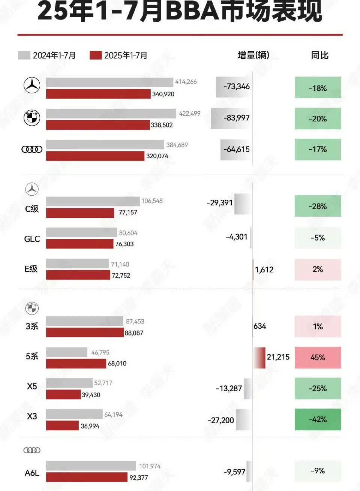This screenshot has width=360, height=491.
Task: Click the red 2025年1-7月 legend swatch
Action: tap(96, 55)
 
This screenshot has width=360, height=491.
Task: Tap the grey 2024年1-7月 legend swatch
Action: tap(24, 55)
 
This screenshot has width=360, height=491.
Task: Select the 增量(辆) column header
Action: tap(253, 55)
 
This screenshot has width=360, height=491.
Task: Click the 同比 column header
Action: tap(319, 55)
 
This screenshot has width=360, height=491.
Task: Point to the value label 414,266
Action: tap(186, 82)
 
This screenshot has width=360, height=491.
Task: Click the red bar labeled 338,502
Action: tap(97, 125)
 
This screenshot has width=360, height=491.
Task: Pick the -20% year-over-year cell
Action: tap(318, 119)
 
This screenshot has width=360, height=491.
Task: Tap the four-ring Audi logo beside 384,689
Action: tap(32, 150)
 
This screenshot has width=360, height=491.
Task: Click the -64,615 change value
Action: tap(236, 149)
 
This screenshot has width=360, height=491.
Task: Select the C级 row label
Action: tap(32, 209)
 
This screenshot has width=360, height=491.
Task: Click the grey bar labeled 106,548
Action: tap(93, 201)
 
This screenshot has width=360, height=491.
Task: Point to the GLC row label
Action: tap(32, 239)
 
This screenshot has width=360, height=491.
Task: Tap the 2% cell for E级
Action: tap(318, 269)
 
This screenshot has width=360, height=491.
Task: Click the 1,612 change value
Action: tap(264, 269)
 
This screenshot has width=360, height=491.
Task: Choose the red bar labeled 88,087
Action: tap(85, 333)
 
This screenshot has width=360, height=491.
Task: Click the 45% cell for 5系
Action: tap(318, 358)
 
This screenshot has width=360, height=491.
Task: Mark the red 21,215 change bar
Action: tap(259, 358)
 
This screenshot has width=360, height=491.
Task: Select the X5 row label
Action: tap(32, 386)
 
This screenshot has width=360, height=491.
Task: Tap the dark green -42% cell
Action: tap(318, 419)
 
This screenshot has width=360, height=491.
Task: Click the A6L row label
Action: tap(32, 473)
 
